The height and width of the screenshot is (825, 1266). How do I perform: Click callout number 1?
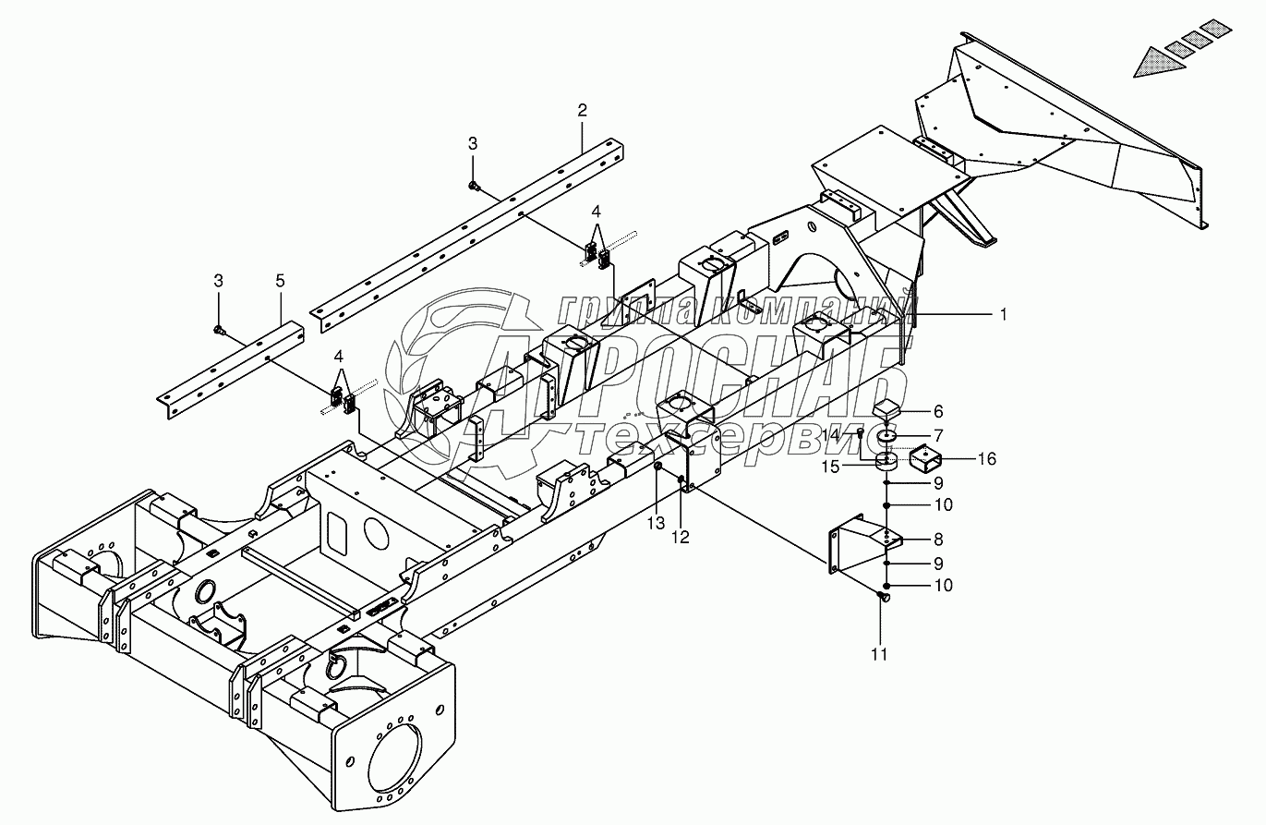coord(1002,314)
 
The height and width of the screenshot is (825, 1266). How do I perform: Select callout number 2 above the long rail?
coord(582,110)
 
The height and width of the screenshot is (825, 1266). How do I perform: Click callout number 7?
coord(937,434)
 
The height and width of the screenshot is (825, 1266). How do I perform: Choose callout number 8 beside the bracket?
coord(937,539)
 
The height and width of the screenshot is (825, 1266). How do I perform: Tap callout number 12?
coord(681,538)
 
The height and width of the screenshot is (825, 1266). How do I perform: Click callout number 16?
coord(986,459)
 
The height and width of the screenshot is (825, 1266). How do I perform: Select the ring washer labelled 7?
coord(886,435)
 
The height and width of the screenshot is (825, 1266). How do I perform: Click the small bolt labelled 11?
coord(883,601)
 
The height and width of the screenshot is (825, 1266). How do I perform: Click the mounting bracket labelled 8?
coord(854,555)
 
